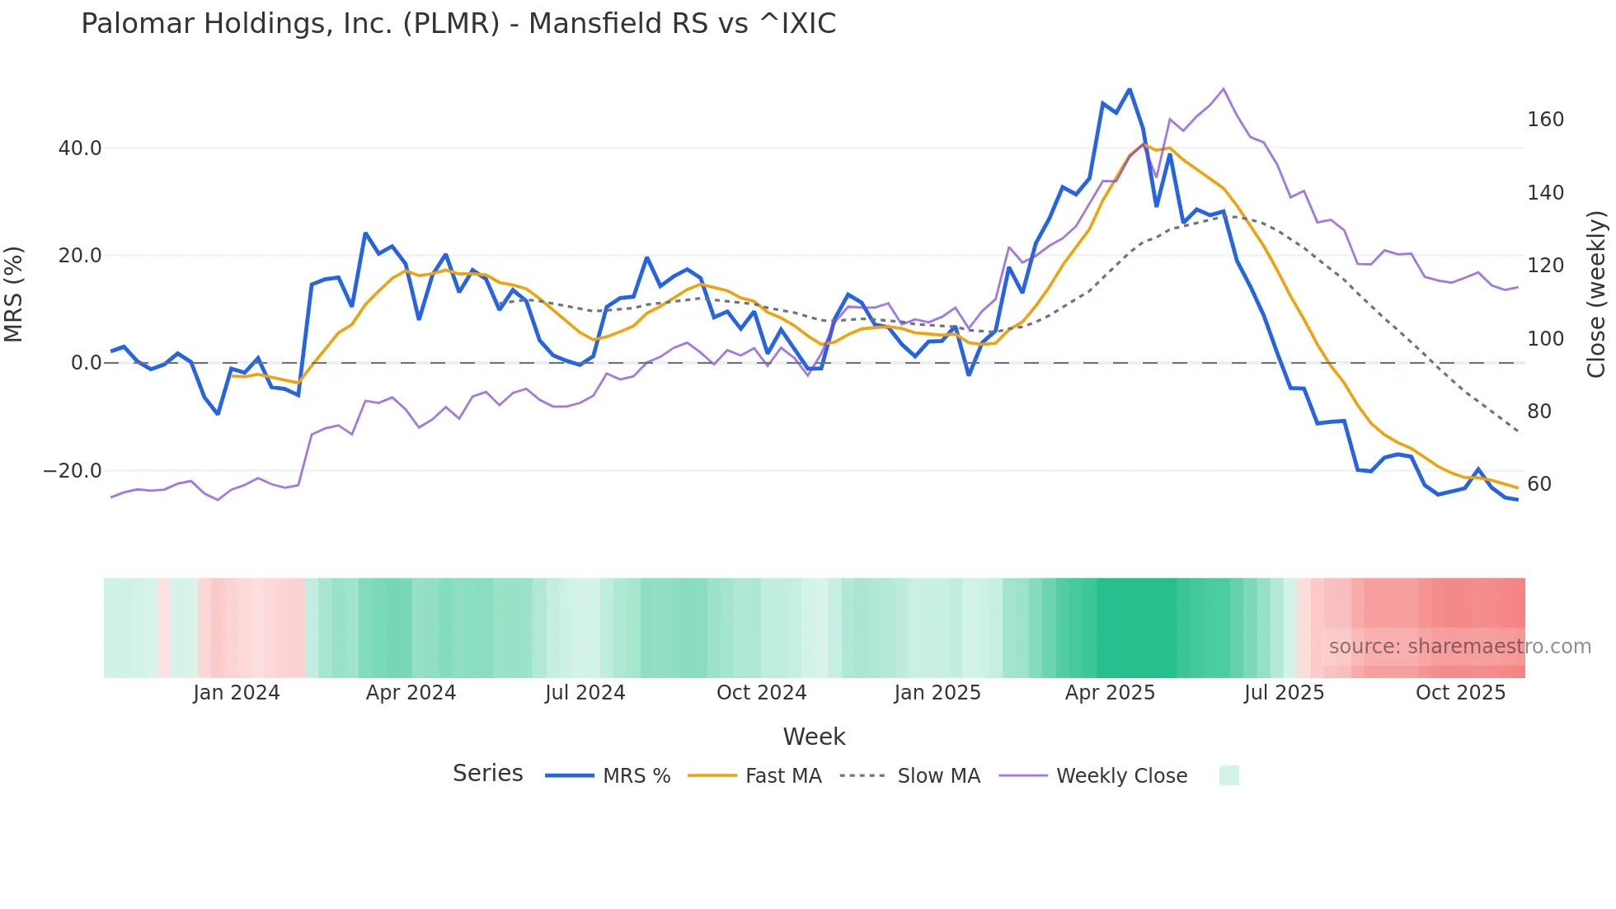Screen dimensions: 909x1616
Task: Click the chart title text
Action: point(458,24)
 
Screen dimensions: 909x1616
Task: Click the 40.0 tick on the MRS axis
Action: point(80,148)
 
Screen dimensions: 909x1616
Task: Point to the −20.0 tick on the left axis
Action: point(73,471)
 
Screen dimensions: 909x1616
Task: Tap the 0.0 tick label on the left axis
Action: point(87,363)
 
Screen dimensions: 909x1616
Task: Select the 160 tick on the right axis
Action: point(1545,120)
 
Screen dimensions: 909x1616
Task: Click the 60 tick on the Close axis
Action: point(1538,484)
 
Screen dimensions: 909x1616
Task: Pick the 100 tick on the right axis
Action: point(1545,339)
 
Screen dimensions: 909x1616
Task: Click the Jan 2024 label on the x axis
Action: point(237,693)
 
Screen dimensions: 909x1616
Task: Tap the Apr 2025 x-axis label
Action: point(1110,693)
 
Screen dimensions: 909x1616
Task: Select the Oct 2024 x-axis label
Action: point(761,693)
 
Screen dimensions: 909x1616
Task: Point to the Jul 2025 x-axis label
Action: point(1284,693)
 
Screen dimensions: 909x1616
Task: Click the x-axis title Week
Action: point(814,737)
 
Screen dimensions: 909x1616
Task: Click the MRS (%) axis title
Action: point(14,294)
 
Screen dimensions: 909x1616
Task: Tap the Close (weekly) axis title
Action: point(1597,294)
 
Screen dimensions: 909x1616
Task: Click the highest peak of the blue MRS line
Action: point(1130,89)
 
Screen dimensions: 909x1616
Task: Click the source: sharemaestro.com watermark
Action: point(1459,647)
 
